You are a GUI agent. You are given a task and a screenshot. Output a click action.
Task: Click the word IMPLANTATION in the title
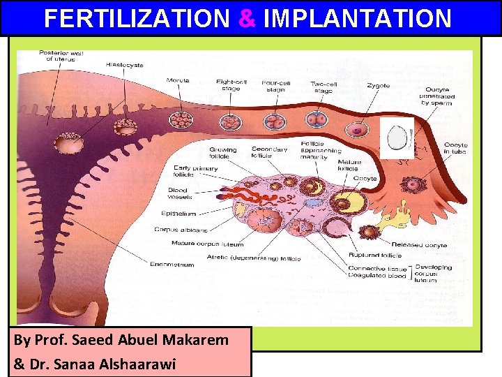[358, 18]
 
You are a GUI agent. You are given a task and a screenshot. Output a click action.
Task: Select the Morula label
[178, 80]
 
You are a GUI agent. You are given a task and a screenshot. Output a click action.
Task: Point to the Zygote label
[379, 86]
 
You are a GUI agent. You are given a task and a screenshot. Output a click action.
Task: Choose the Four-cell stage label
[277, 87]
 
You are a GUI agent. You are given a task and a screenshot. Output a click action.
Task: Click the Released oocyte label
[420, 245]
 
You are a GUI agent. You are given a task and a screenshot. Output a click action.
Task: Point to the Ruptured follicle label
[375, 255]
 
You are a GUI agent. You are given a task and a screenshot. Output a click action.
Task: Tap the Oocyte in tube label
[456, 149]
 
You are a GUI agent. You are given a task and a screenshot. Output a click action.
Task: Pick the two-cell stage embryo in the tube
[317, 119]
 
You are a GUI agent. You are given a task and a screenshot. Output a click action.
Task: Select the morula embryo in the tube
[183, 119]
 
